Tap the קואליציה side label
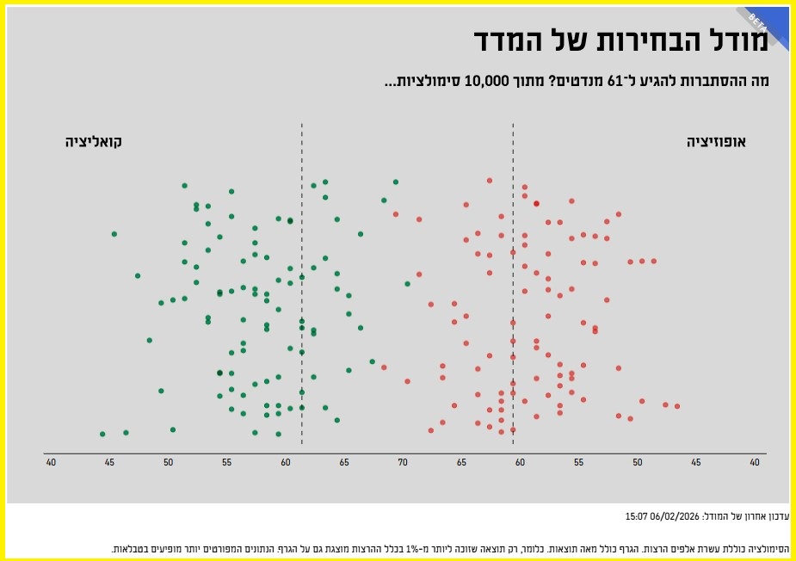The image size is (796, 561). (x=94, y=141)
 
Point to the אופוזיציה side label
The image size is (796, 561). (x=716, y=141)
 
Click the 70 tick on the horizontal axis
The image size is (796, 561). (x=403, y=463)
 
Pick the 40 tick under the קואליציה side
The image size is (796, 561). (x=51, y=463)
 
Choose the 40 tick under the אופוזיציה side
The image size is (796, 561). (x=755, y=463)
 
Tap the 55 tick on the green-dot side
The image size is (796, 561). (x=227, y=463)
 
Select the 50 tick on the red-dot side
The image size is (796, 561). (x=638, y=463)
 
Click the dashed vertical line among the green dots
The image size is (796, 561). (x=302, y=284)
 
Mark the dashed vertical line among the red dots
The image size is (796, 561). (x=514, y=284)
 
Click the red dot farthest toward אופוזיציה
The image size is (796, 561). (x=677, y=406)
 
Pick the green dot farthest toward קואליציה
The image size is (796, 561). (x=102, y=434)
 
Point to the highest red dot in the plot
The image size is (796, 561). (x=490, y=181)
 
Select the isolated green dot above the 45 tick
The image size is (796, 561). (x=114, y=233)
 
